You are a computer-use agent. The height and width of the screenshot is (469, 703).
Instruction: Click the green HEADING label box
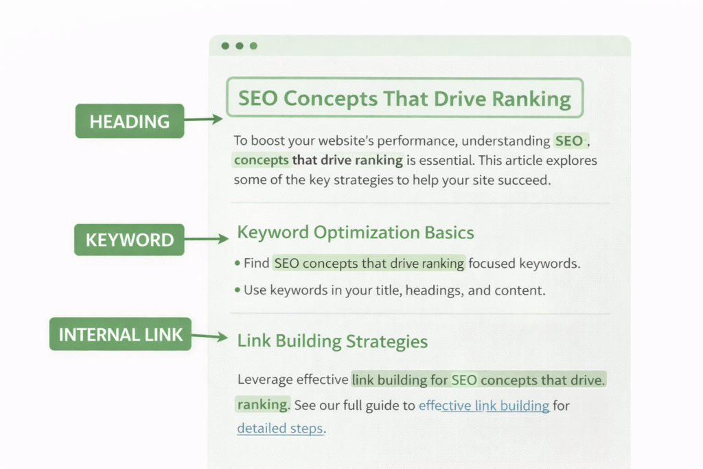(x=130, y=121)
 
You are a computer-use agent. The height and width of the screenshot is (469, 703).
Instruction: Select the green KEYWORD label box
(x=130, y=240)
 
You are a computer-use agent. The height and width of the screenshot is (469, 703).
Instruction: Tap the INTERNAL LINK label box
(x=121, y=334)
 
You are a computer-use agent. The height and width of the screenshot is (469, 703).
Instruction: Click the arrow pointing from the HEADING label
(x=203, y=119)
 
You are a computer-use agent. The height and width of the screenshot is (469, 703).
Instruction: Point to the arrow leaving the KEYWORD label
(x=206, y=239)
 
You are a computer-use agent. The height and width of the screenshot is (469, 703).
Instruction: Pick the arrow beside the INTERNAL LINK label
(x=209, y=336)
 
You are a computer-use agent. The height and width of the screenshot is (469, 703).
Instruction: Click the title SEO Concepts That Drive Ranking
(x=404, y=98)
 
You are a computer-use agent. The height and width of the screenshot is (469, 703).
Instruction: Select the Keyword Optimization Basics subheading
(x=356, y=232)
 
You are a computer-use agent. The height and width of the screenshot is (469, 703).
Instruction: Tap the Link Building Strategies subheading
(x=332, y=341)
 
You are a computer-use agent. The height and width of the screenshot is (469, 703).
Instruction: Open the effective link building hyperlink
(x=484, y=405)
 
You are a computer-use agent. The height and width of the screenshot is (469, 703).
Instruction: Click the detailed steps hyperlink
(x=279, y=428)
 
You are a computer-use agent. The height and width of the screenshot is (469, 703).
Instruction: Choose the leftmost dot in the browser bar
(x=225, y=46)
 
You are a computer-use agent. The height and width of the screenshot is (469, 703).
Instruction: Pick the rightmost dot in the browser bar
(x=253, y=46)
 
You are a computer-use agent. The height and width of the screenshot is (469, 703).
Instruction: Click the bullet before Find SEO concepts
(x=238, y=263)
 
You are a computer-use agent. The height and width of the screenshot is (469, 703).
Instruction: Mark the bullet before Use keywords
(x=238, y=290)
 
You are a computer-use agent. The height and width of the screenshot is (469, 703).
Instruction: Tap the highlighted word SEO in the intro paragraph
(x=569, y=141)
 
